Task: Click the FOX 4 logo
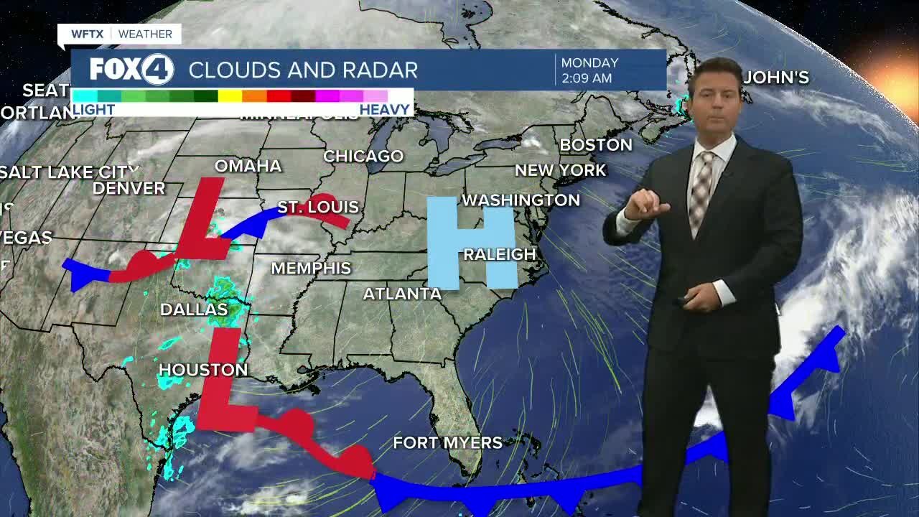point(131,70)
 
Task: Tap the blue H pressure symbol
point(472,242)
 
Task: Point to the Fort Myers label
point(447,442)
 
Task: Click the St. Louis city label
point(317,208)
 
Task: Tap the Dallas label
point(193,309)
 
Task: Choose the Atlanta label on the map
point(402,294)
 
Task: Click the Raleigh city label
point(500,254)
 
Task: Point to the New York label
point(560,171)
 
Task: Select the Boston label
point(596,145)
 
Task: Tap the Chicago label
point(363,156)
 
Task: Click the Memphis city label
point(311,268)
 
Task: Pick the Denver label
point(129,188)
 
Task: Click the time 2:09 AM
point(587,78)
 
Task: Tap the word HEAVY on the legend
point(385,110)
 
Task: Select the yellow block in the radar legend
point(230,96)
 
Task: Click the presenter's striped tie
point(700,190)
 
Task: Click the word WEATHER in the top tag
point(145,34)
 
